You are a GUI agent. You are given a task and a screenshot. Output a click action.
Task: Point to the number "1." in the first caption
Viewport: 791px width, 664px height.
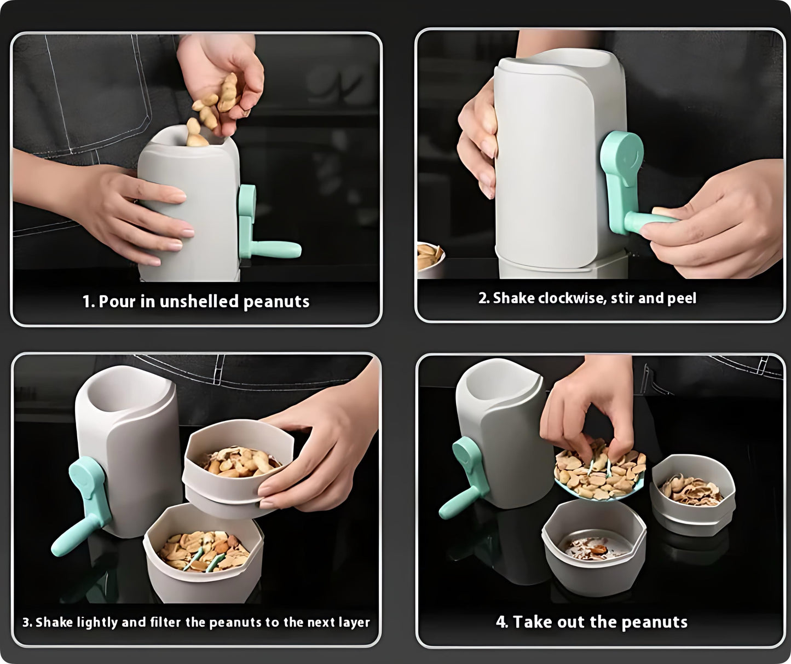coord(89,302)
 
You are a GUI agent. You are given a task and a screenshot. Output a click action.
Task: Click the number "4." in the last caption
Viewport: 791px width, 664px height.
coord(502,622)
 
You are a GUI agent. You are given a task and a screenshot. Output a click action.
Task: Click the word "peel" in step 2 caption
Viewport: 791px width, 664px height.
coord(682,298)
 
